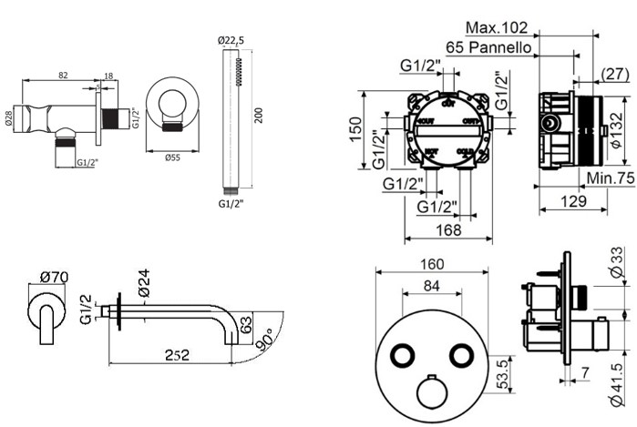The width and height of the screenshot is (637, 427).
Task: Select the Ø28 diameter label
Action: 10,120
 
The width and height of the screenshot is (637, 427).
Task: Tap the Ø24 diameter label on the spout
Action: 142,286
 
